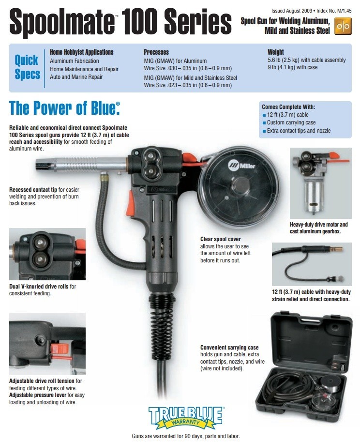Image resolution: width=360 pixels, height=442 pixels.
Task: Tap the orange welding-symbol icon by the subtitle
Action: pos(342,27)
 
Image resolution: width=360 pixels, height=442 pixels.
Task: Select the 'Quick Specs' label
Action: pos(27,68)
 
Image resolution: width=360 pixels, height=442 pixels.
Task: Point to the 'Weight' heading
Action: pos(276,52)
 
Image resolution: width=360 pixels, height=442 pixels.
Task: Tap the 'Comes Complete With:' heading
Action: pos(288,107)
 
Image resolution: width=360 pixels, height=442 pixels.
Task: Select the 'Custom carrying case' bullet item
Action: pos(291,123)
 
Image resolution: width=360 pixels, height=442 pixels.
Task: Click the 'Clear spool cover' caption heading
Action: pos(220,239)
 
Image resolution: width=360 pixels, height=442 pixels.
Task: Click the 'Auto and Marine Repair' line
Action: pos(77,77)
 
